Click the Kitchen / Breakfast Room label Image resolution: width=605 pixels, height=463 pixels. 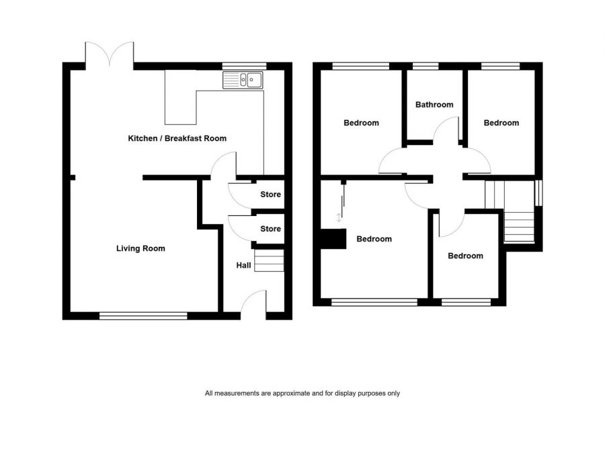tap(177, 138)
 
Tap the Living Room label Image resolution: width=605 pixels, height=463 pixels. tap(140, 248)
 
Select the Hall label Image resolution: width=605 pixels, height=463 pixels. tap(243, 266)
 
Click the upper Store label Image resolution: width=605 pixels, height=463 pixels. tap(270, 195)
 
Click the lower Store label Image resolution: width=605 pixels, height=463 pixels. tap(270, 229)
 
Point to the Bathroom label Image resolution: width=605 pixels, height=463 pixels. tap(434, 105)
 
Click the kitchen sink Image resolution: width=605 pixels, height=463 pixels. tap(244, 81)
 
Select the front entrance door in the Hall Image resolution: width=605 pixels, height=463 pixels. tap(253, 303)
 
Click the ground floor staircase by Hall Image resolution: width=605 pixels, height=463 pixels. tap(270, 260)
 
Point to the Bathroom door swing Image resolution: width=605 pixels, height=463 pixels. tap(446, 131)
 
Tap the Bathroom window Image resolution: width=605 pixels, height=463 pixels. tap(425, 66)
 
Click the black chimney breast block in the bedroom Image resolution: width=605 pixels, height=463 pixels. tap(333, 239)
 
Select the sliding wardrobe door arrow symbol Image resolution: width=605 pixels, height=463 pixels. tap(339, 217)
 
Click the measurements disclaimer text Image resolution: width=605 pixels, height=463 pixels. tap(302, 393)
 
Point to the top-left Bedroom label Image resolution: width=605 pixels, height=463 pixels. tap(361, 123)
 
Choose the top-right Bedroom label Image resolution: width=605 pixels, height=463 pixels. tap(501, 123)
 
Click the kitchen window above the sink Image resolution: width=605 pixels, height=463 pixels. tap(244, 66)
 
